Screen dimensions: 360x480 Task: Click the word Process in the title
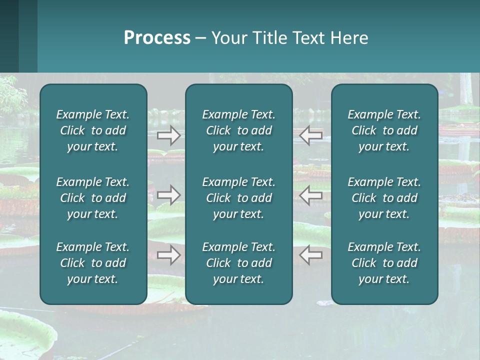pos(157,38)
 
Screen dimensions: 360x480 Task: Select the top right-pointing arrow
pos(169,135)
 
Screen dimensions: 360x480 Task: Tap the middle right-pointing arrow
pos(169,194)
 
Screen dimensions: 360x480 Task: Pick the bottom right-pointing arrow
pos(169,255)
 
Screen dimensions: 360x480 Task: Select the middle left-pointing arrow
pos(311,194)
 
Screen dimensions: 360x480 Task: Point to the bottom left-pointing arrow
pos(311,255)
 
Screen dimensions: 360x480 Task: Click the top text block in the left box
pos(93,130)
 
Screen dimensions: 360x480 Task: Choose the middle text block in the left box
pos(93,198)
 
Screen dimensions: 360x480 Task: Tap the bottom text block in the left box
pos(93,263)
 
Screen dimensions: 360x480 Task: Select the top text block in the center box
pos(238,130)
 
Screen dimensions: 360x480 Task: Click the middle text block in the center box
pos(238,198)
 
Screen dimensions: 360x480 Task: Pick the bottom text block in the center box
pos(238,263)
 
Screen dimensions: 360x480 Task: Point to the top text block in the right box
pos(384,130)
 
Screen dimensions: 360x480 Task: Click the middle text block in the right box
pos(384,198)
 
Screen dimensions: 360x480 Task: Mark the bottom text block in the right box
pos(384,263)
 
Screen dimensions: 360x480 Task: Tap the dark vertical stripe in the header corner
pos(9,36)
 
